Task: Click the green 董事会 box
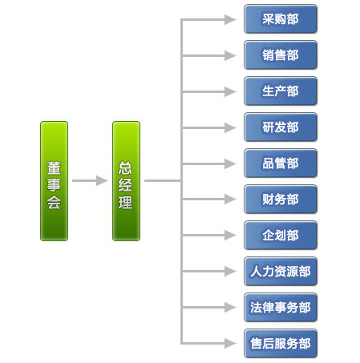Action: [x=54, y=181]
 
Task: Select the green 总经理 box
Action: [x=126, y=181]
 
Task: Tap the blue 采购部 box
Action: [x=281, y=19]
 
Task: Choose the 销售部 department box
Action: [x=281, y=55]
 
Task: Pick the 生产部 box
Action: [x=281, y=91]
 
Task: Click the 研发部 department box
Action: [x=281, y=127]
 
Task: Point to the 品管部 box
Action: [x=281, y=163]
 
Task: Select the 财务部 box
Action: [x=281, y=200]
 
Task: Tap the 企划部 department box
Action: [x=281, y=236]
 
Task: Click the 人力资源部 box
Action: [x=281, y=272]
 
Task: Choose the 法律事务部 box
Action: [x=281, y=308]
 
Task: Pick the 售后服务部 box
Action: [x=281, y=344]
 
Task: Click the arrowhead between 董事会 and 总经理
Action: [x=102, y=180]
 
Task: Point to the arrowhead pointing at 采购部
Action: [x=230, y=19]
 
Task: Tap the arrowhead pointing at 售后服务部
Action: [x=230, y=343]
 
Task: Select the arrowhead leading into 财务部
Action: [x=230, y=199]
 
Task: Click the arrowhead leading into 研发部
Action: [x=230, y=127]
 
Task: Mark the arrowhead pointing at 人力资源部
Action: [x=230, y=271]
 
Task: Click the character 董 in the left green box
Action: [x=54, y=168]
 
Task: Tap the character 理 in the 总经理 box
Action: [x=126, y=202]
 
